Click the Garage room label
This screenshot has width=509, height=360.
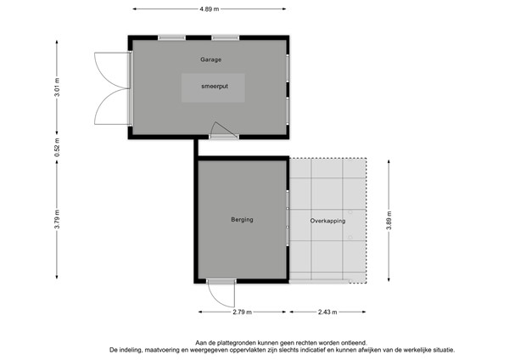click(210, 60)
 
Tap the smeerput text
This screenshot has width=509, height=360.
click(213, 87)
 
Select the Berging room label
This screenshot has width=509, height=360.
click(242, 220)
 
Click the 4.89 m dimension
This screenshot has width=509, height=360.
click(209, 8)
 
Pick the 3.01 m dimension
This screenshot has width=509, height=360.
click(57, 87)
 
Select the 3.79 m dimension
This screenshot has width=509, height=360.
click(57, 223)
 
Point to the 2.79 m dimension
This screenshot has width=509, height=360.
click(242, 312)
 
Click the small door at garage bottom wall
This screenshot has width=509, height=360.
click(219, 129)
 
